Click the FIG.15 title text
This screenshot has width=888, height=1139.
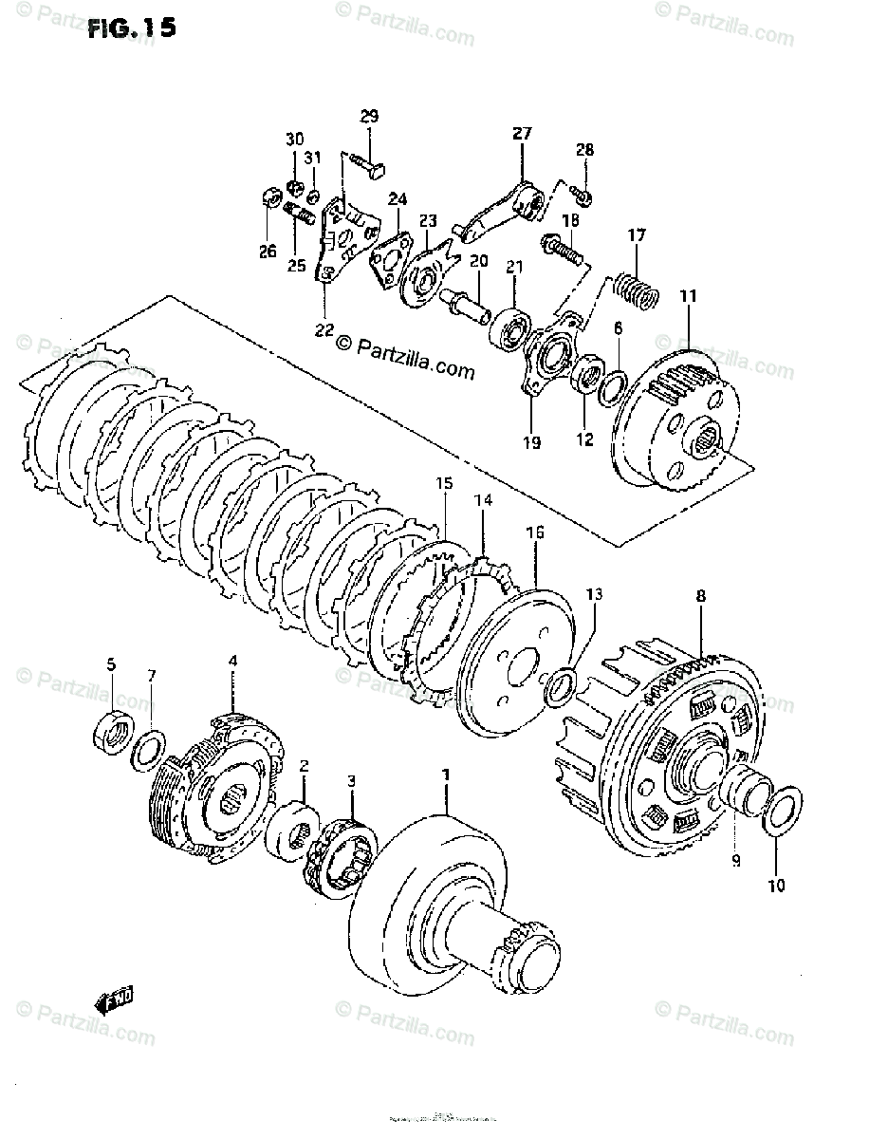pyautogui.click(x=131, y=28)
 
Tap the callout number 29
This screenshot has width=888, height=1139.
pyautogui.click(x=369, y=117)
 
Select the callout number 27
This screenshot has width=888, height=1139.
pyautogui.click(x=523, y=135)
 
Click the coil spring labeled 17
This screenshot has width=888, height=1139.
pyautogui.click(x=635, y=288)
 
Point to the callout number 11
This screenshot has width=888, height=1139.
pyautogui.click(x=688, y=296)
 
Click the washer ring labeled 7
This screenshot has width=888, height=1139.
pyautogui.click(x=147, y=751)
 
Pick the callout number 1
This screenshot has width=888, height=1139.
pyautogui.click(x=442, y=777)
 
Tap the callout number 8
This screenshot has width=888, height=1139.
pyautogui.click(x=700, y=598)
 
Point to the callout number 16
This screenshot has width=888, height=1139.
pyautogui.click(x=535, y=533)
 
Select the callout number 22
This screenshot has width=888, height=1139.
pyautogui.click(x=324, y=329)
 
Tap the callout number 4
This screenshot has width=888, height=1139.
pyautogui.click(x=232, y=661)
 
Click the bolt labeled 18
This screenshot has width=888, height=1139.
pyautogui.click(x=563, y=250)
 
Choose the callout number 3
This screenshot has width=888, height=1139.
pyautogui.click(x=352, y=781)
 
